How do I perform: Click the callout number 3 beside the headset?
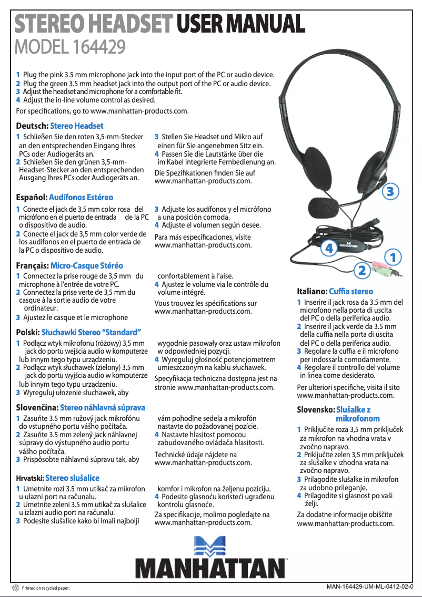(x=389, y=192)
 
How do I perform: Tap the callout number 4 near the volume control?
(x=329, y=248)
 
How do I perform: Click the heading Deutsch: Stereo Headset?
(x=59, y=126)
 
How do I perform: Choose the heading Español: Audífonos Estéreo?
(x=65, y=198)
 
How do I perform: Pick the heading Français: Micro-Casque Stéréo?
(x=69, y=265)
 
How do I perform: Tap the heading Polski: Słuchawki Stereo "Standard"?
(x=78, y=333)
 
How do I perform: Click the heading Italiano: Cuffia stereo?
(x=335, y=291)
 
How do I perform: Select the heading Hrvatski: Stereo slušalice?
(x=57, y=478)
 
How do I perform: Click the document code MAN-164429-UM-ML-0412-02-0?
(x=370, y=586)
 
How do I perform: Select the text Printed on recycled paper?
(x=46, y=589)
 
